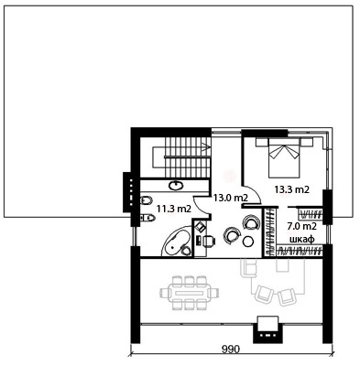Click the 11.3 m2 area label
174,209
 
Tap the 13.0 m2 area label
230,198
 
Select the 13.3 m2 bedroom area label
292,189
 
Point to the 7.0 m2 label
301,226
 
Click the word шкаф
302,239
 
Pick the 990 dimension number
231,349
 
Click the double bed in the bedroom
284,157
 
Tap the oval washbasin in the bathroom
176,185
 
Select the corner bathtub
177,242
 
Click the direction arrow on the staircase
206,146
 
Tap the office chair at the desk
209,240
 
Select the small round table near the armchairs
247,242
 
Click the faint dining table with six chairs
189,293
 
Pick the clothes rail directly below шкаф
300,251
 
